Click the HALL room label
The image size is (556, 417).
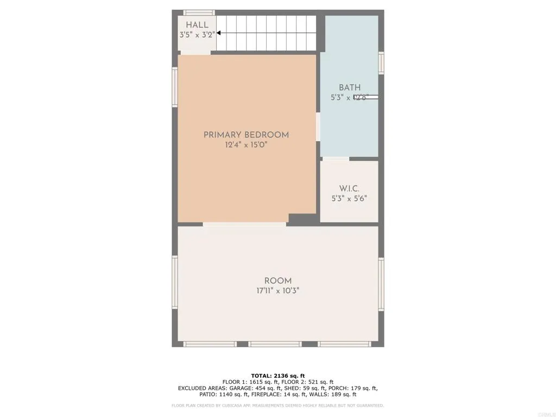pos(197,25)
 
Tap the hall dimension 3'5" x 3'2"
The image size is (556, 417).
pos(197,34)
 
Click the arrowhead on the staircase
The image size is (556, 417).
pos(219,33)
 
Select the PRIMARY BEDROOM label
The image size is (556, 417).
pos(246,135)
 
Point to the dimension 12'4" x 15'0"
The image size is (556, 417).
pos(246,145)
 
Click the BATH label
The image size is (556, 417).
pos(349,87)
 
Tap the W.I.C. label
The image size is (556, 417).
pos(349,188)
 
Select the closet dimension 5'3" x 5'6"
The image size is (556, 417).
pos(349,198)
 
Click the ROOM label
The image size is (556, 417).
pos(277,281)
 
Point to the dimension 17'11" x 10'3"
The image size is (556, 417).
pos(277,290)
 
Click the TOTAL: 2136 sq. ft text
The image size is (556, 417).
pos(277,376)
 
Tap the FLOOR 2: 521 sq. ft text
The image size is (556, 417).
pos(307,382)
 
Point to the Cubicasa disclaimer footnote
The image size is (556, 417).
pos(277,405)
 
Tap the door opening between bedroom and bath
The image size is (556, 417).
pos(318,127)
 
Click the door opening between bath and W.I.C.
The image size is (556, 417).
pos(336,159)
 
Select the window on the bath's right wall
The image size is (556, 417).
pos(381,63)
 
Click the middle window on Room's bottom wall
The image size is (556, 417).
pos(275,344)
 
